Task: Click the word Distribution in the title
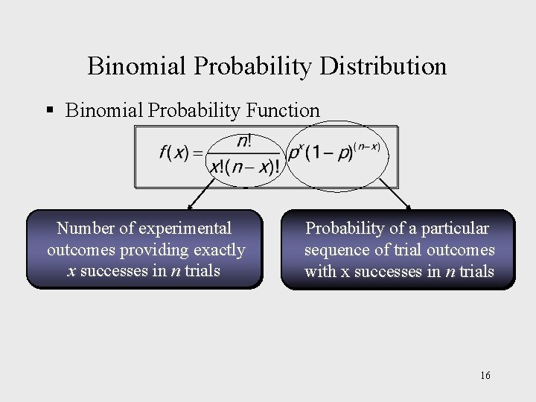tap(383, 66)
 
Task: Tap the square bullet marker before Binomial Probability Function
tap(50, 110)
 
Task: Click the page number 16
tap(485, 375)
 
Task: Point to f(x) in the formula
tap(174, 153)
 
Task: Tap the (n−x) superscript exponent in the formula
tap(367, 146)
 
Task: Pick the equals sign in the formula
tap(197, 153)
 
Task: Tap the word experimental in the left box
tap(185, 228)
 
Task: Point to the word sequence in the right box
tap(336, 249)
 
